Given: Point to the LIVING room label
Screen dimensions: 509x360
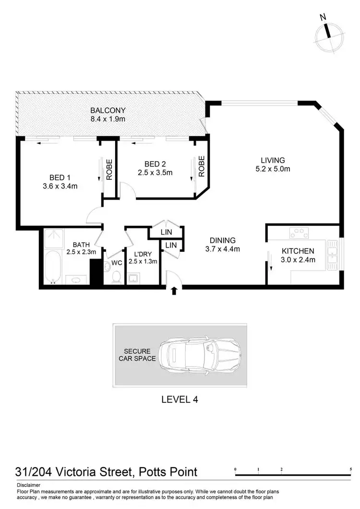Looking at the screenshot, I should click(273, 160).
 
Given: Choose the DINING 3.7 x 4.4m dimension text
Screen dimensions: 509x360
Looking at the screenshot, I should click(222, 249).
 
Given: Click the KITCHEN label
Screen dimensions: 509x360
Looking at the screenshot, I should click(298, 251).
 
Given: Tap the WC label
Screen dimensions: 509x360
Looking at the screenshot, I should click(116, 263).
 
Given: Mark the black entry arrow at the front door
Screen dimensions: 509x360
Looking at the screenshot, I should click(174, 291).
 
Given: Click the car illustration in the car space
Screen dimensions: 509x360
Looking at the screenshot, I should click(201, 355).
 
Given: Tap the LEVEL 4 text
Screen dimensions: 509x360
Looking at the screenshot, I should click(180, 399).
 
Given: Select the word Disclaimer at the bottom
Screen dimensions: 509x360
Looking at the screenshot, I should click(28, 485).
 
